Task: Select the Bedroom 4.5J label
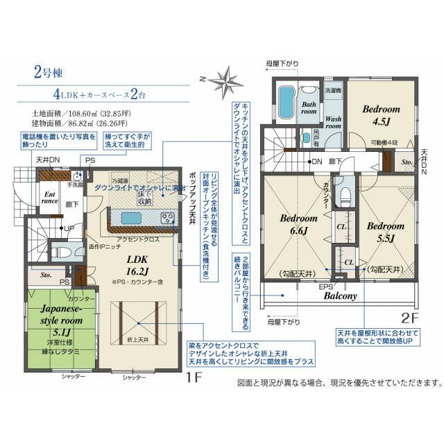381,115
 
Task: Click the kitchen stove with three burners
167,218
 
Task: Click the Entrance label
51,198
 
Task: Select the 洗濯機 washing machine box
332,91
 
